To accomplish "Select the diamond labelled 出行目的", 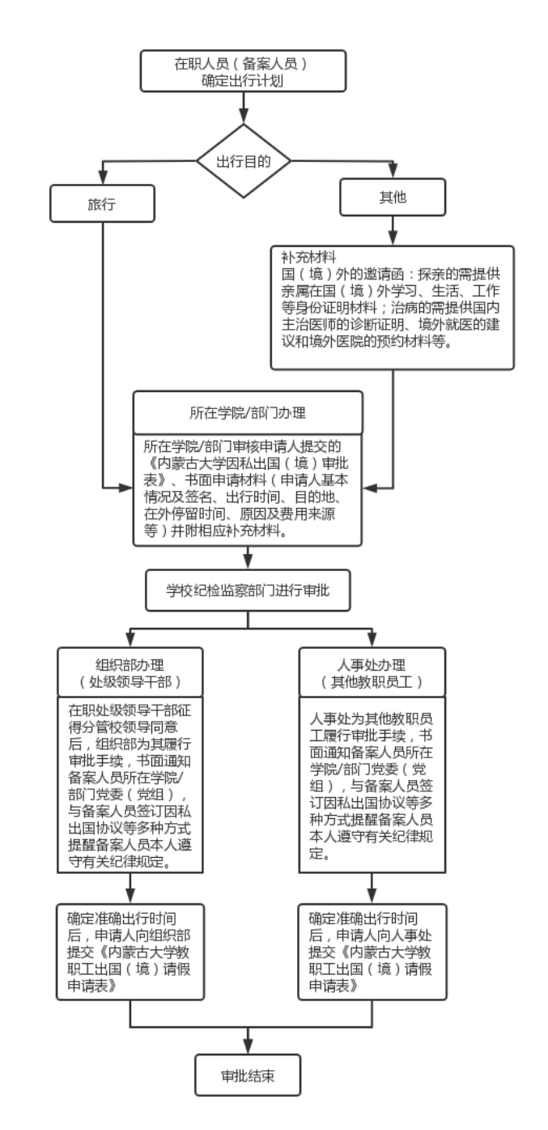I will coord(243,160).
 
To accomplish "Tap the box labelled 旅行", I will coord(102,203).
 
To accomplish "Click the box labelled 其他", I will coord(392,197).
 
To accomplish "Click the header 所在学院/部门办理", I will coord(248,412).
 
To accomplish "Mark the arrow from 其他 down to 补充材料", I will coord(392,232).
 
